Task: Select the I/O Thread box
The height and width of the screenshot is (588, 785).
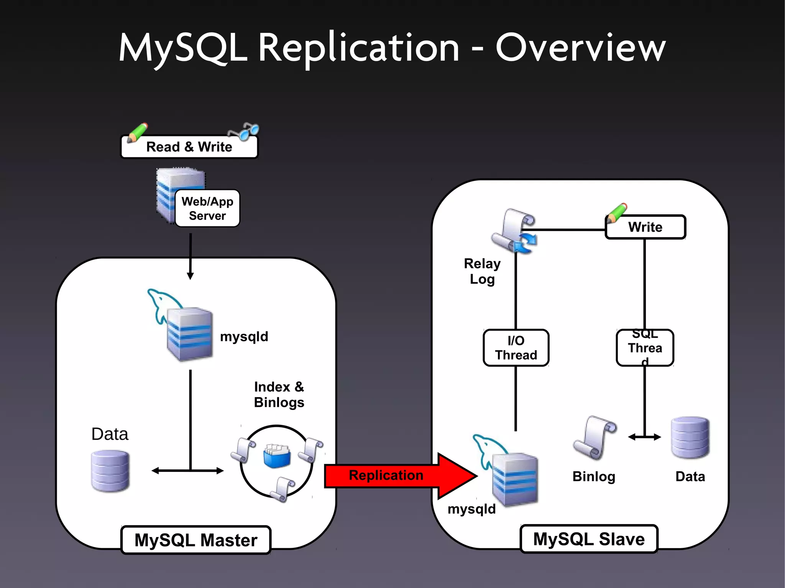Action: point(516,348)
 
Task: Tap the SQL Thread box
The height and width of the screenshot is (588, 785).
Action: point(645,348)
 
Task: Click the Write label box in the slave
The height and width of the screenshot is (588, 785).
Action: point(645,227)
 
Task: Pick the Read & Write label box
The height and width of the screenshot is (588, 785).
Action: point(189,147)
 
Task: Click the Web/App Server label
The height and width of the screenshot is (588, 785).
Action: point(207,209)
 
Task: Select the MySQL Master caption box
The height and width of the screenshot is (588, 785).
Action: point(196,540)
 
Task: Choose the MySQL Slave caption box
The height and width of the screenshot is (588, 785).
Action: point(589,539)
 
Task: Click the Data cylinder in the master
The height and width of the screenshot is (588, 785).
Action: point(110,471)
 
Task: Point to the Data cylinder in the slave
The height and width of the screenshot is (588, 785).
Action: point(690,437)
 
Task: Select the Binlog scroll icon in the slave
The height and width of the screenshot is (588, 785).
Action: point(594,437)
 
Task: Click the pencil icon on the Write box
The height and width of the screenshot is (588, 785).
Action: point(617,213)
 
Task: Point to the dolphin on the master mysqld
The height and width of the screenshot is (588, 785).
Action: point(161,303)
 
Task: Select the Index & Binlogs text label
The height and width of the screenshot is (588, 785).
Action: point(279,395)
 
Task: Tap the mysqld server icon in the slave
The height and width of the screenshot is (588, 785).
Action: point(514,480)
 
